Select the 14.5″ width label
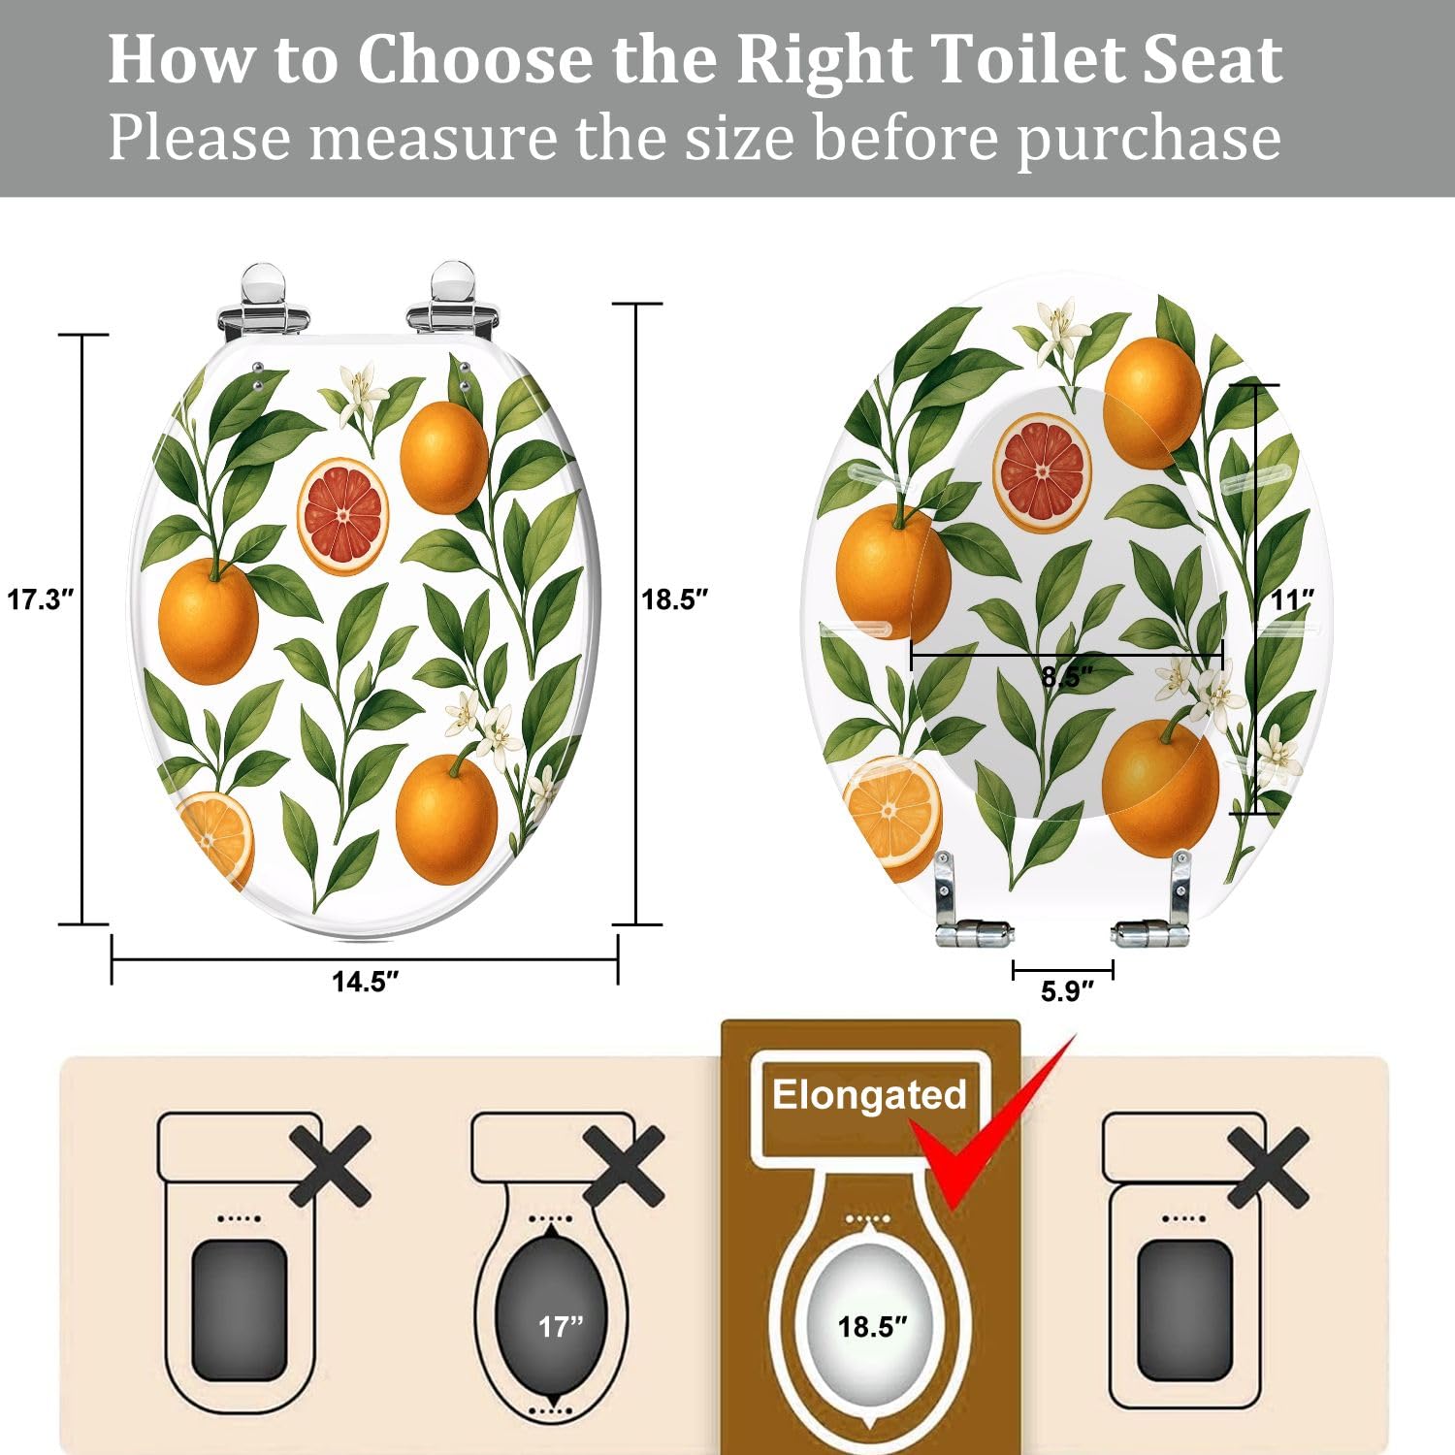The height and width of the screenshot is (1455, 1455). tap(365, 982)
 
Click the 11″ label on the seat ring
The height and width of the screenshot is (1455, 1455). tap(1292, 600)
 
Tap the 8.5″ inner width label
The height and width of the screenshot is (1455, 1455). tap(1067, 676)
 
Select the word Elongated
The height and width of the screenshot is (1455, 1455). tap(869, 1095)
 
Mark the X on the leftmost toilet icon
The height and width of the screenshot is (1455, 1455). tap(330, 1166)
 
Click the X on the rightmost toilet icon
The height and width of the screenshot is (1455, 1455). tap(1268, 1168)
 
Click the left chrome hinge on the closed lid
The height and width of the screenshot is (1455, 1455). tap(262, 301)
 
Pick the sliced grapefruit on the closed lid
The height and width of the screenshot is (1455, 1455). tap(342, 515)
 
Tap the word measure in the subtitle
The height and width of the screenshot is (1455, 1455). tap(433, 138)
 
